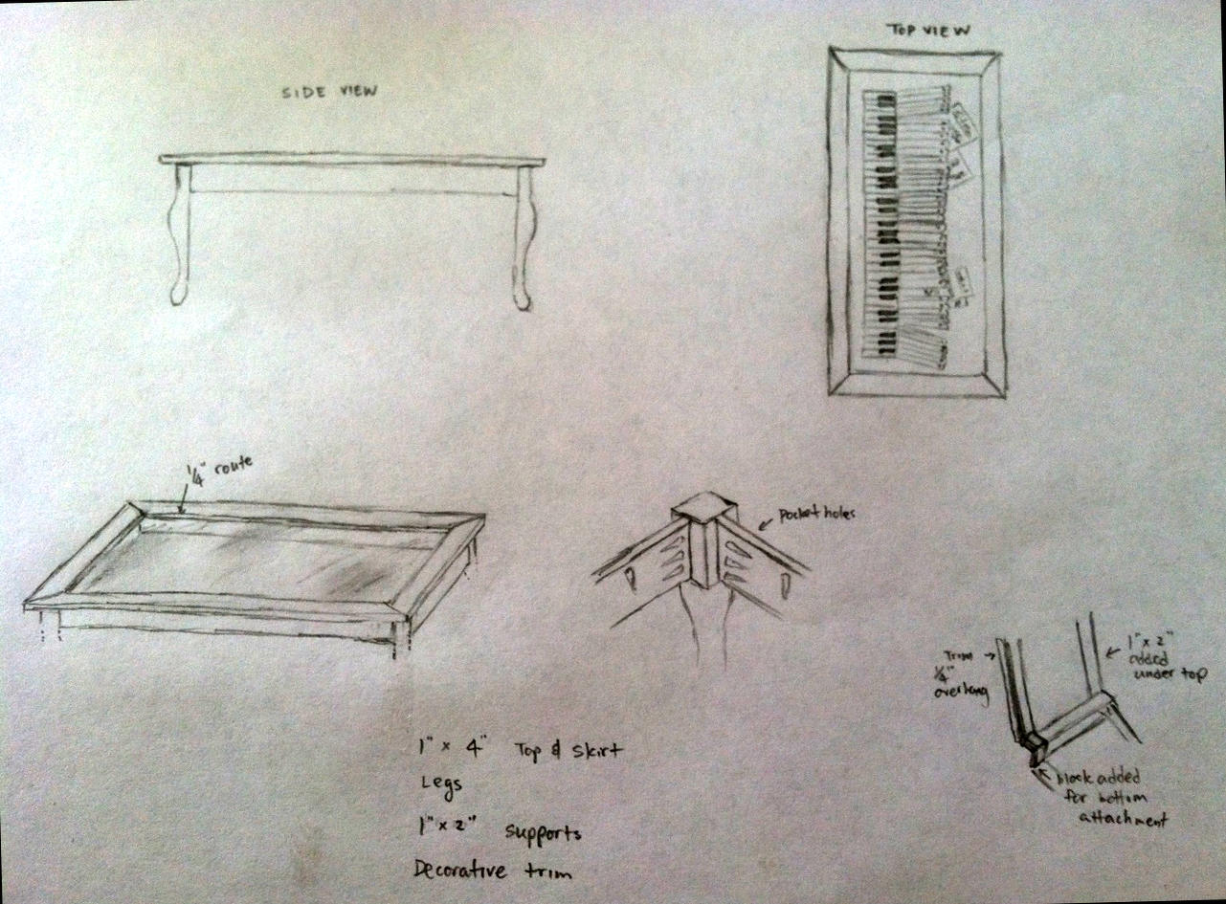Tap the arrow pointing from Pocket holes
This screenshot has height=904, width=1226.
click(x=767, y=522)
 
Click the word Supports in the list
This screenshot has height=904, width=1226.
click(x=543, y=832)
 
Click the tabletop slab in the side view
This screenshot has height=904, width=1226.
click(x=352, y=160)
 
